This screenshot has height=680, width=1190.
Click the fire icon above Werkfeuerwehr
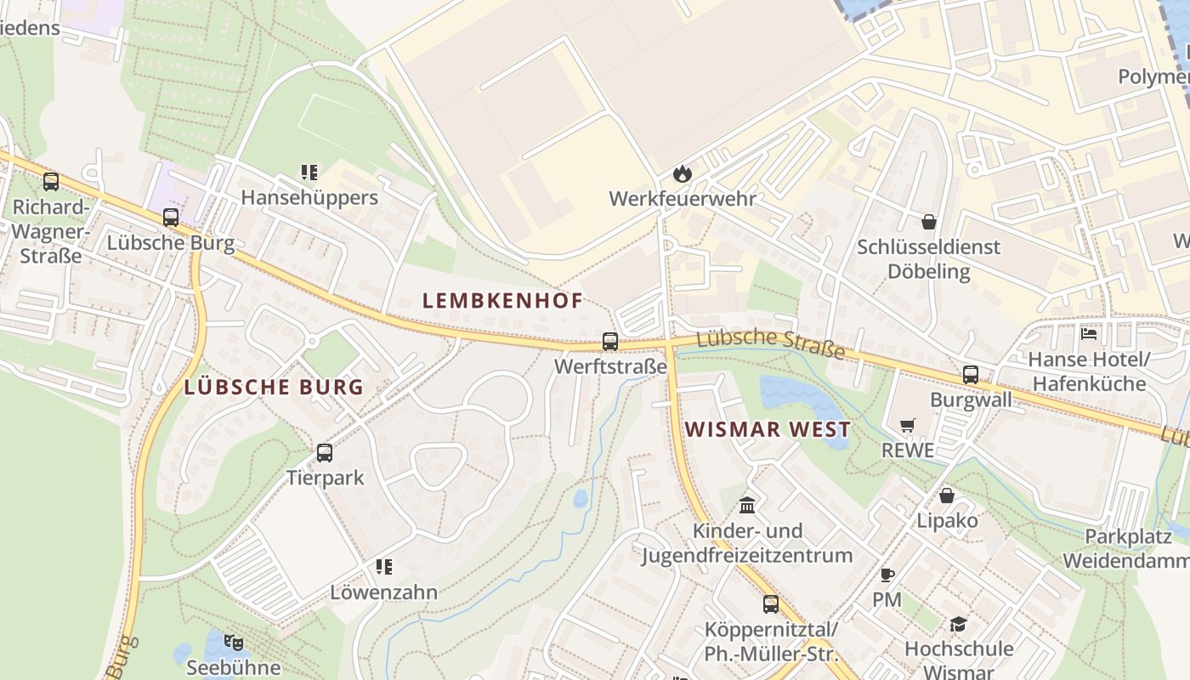(682, 174)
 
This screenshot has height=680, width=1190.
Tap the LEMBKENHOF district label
(502, 301)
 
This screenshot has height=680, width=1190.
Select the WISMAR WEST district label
(768, 430)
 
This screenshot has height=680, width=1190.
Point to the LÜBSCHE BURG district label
(274, 388)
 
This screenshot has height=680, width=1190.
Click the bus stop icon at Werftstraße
(610, 342)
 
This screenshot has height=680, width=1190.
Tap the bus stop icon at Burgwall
(971, 375)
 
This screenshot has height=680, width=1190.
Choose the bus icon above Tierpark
(325, 453)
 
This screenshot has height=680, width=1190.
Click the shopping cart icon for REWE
(908, 425)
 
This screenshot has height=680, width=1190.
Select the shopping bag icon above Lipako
(947, 496)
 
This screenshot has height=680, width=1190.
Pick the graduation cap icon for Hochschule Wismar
(958, 625)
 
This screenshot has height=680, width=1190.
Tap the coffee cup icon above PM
(887, 575)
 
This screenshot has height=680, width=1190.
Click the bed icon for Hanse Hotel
(1089, 334)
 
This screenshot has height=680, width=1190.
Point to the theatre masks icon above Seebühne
(234, 643)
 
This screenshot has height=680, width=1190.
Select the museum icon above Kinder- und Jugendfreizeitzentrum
(747, 506)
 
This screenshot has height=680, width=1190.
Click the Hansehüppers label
(309, 198)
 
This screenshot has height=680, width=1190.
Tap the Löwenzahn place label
(384, 592)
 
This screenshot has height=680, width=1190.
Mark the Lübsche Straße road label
(770, 343)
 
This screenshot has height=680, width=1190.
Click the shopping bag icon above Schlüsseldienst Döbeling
(929, 222)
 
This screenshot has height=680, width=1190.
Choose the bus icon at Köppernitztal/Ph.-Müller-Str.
(771, 604)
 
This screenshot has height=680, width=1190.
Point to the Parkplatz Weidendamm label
(1125, 549)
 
